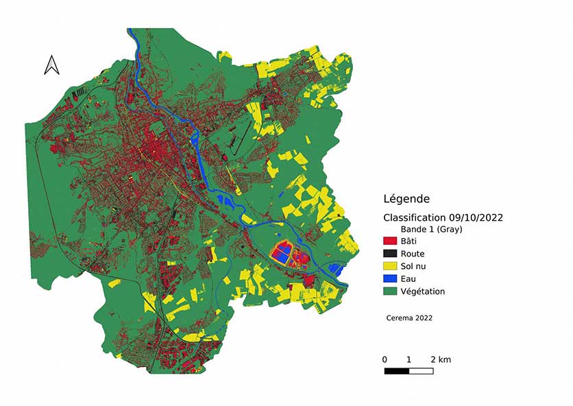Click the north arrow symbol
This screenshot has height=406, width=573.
(x=51, y=65)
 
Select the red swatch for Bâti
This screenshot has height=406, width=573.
(x=390, y=241)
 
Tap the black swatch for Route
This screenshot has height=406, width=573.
(x=390, y=254)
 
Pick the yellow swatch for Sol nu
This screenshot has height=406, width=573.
(x=390, y=266)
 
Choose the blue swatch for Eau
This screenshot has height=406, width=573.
(x=390, y=278)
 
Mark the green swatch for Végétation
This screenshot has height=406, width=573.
(x=390, y=291)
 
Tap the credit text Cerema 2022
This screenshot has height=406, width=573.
(x=409, y=318)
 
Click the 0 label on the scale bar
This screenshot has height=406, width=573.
(x=385, y=360)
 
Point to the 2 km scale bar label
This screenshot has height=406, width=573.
(x=440, y=360)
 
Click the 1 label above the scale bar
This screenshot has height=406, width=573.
(x=409, y=360)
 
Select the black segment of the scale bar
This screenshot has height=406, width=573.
(x=396, y=371)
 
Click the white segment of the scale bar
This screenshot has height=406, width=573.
(x=421, y=371)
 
